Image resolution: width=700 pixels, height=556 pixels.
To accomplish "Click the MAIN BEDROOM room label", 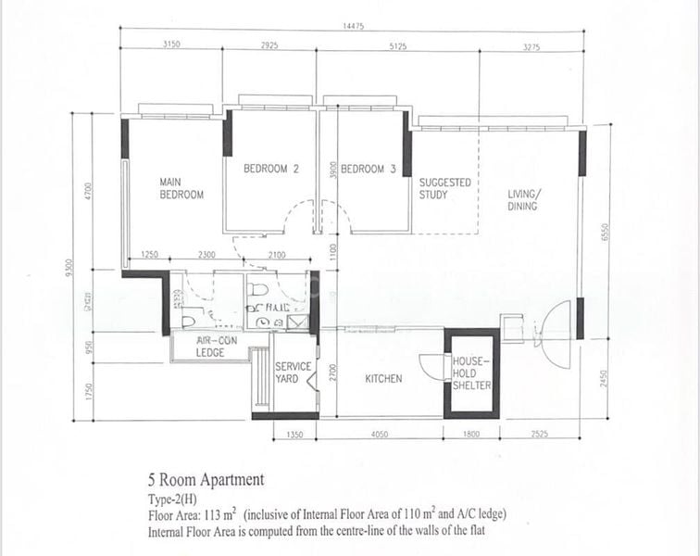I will click(x=181, y=188).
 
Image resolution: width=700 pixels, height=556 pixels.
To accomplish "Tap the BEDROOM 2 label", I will click(x=271, y=169).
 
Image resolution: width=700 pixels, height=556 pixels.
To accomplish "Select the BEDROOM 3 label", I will click(x=369, y=169).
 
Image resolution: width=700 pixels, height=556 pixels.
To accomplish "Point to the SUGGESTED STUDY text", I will click(x=444, y=188).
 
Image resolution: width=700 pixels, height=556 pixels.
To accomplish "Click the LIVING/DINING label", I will click(x=523, y=200).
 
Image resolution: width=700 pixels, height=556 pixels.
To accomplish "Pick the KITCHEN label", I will click(x=383, y=379).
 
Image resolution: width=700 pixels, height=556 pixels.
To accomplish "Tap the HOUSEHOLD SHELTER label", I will click(x=471, y=373).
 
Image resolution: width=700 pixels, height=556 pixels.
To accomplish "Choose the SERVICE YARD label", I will click(x=293, y=373).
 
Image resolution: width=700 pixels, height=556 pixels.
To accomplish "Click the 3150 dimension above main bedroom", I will click(x=171, y=44).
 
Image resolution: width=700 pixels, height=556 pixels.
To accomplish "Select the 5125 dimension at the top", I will click(x=399, y=44).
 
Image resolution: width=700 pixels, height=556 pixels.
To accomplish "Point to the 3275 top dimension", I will click(x=531, y=44).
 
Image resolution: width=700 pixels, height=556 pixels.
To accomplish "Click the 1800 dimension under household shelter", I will click(x=470, y=434).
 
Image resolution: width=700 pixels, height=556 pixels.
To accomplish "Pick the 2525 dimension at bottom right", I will click(x=541, y=434).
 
